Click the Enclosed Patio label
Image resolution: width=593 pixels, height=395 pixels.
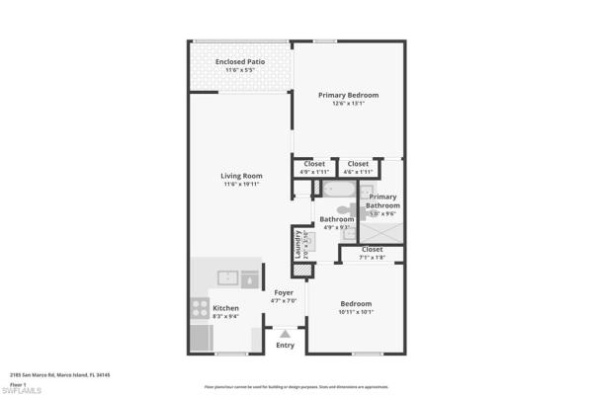pos(240,62)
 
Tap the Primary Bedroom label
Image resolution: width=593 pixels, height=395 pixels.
pos(348,95)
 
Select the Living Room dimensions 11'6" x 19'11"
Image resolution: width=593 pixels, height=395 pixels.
pos(240,185)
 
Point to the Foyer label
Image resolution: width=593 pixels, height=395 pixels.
pos(284,292)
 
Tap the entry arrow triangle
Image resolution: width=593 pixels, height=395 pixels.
pos(285,334)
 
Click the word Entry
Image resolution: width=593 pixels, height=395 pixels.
pos(285,345)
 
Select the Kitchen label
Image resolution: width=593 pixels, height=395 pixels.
pos(225,308)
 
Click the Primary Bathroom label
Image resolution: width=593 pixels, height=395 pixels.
pos(382,200)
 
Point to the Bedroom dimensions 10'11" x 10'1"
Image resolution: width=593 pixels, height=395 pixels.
pos(356,313)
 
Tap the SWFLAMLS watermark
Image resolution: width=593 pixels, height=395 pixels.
pos(22,389)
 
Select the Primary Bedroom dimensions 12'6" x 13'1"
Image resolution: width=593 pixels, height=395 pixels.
pos(348,104)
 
